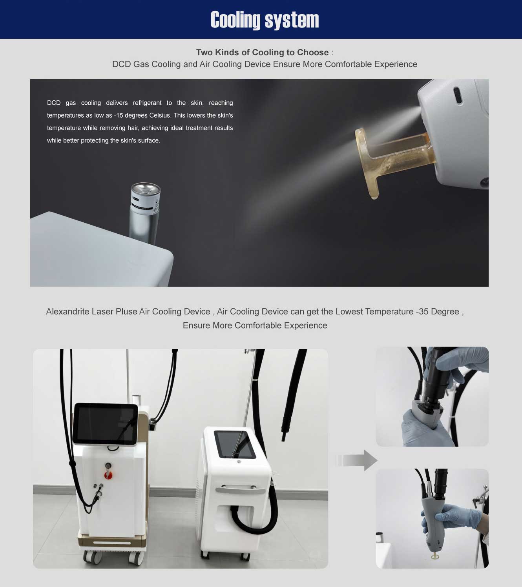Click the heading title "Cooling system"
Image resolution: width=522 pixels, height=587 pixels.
[x=265, y=20]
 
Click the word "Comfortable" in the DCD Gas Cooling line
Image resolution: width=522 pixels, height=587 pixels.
[x=348, y=64]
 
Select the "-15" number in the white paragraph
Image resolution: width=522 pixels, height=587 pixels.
[x=118, y=115]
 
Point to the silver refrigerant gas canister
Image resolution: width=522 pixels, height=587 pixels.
[x=144, y=213]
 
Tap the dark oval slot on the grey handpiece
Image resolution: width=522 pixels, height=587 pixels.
[x=458, y=95]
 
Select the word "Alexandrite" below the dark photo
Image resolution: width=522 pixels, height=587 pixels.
[x=68, y=311]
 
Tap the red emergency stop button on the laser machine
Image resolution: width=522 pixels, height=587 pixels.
[x=108, y=474]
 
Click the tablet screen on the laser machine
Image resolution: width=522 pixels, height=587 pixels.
[x=105, y=423]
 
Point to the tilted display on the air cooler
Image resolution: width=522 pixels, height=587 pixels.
[x=235, y=444]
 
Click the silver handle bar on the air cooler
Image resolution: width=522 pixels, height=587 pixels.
[x=241, y=490]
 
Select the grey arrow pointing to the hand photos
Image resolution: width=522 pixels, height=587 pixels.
[x=357, y=460]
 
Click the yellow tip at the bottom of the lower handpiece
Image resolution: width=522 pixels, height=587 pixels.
[x=435, y=556]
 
